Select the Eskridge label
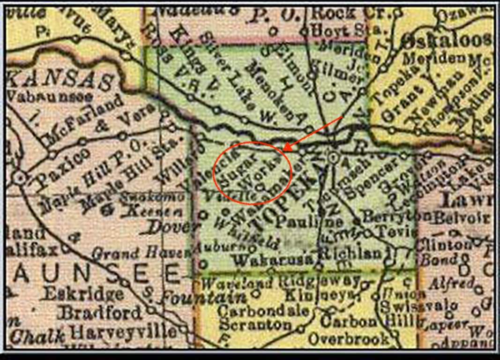[82, 293]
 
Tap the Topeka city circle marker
[333, 157]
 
